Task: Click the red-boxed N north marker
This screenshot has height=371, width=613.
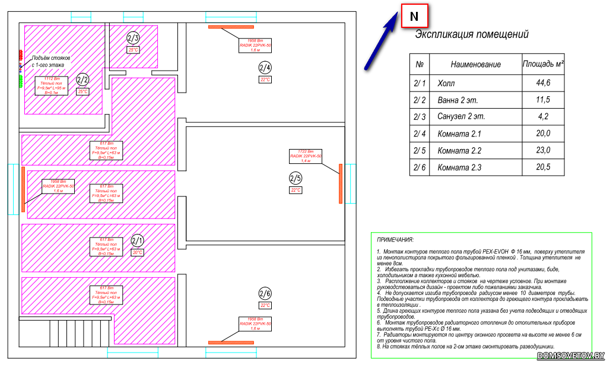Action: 414,16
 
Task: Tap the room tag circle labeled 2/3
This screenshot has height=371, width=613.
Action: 133,39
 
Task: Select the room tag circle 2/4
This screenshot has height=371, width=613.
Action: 265,68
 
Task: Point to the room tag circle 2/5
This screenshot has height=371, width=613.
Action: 296,178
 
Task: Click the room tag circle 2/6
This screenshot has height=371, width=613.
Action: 265,293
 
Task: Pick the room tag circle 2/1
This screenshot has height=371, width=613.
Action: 137,240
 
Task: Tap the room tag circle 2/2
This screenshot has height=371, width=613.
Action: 82,80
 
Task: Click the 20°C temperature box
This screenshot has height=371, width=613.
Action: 137,252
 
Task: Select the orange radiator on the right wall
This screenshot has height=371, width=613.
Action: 340,183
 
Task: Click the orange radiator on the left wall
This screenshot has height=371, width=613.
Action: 23,189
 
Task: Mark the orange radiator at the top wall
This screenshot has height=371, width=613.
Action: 231,27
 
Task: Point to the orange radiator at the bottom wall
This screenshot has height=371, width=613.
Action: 231,343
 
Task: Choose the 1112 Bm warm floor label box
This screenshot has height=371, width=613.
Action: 52,85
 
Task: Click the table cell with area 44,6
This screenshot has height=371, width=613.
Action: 543,83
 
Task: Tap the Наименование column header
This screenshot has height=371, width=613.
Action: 475,64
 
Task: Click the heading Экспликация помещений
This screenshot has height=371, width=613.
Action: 471,34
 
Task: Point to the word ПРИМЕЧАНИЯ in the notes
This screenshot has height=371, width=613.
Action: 395,240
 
